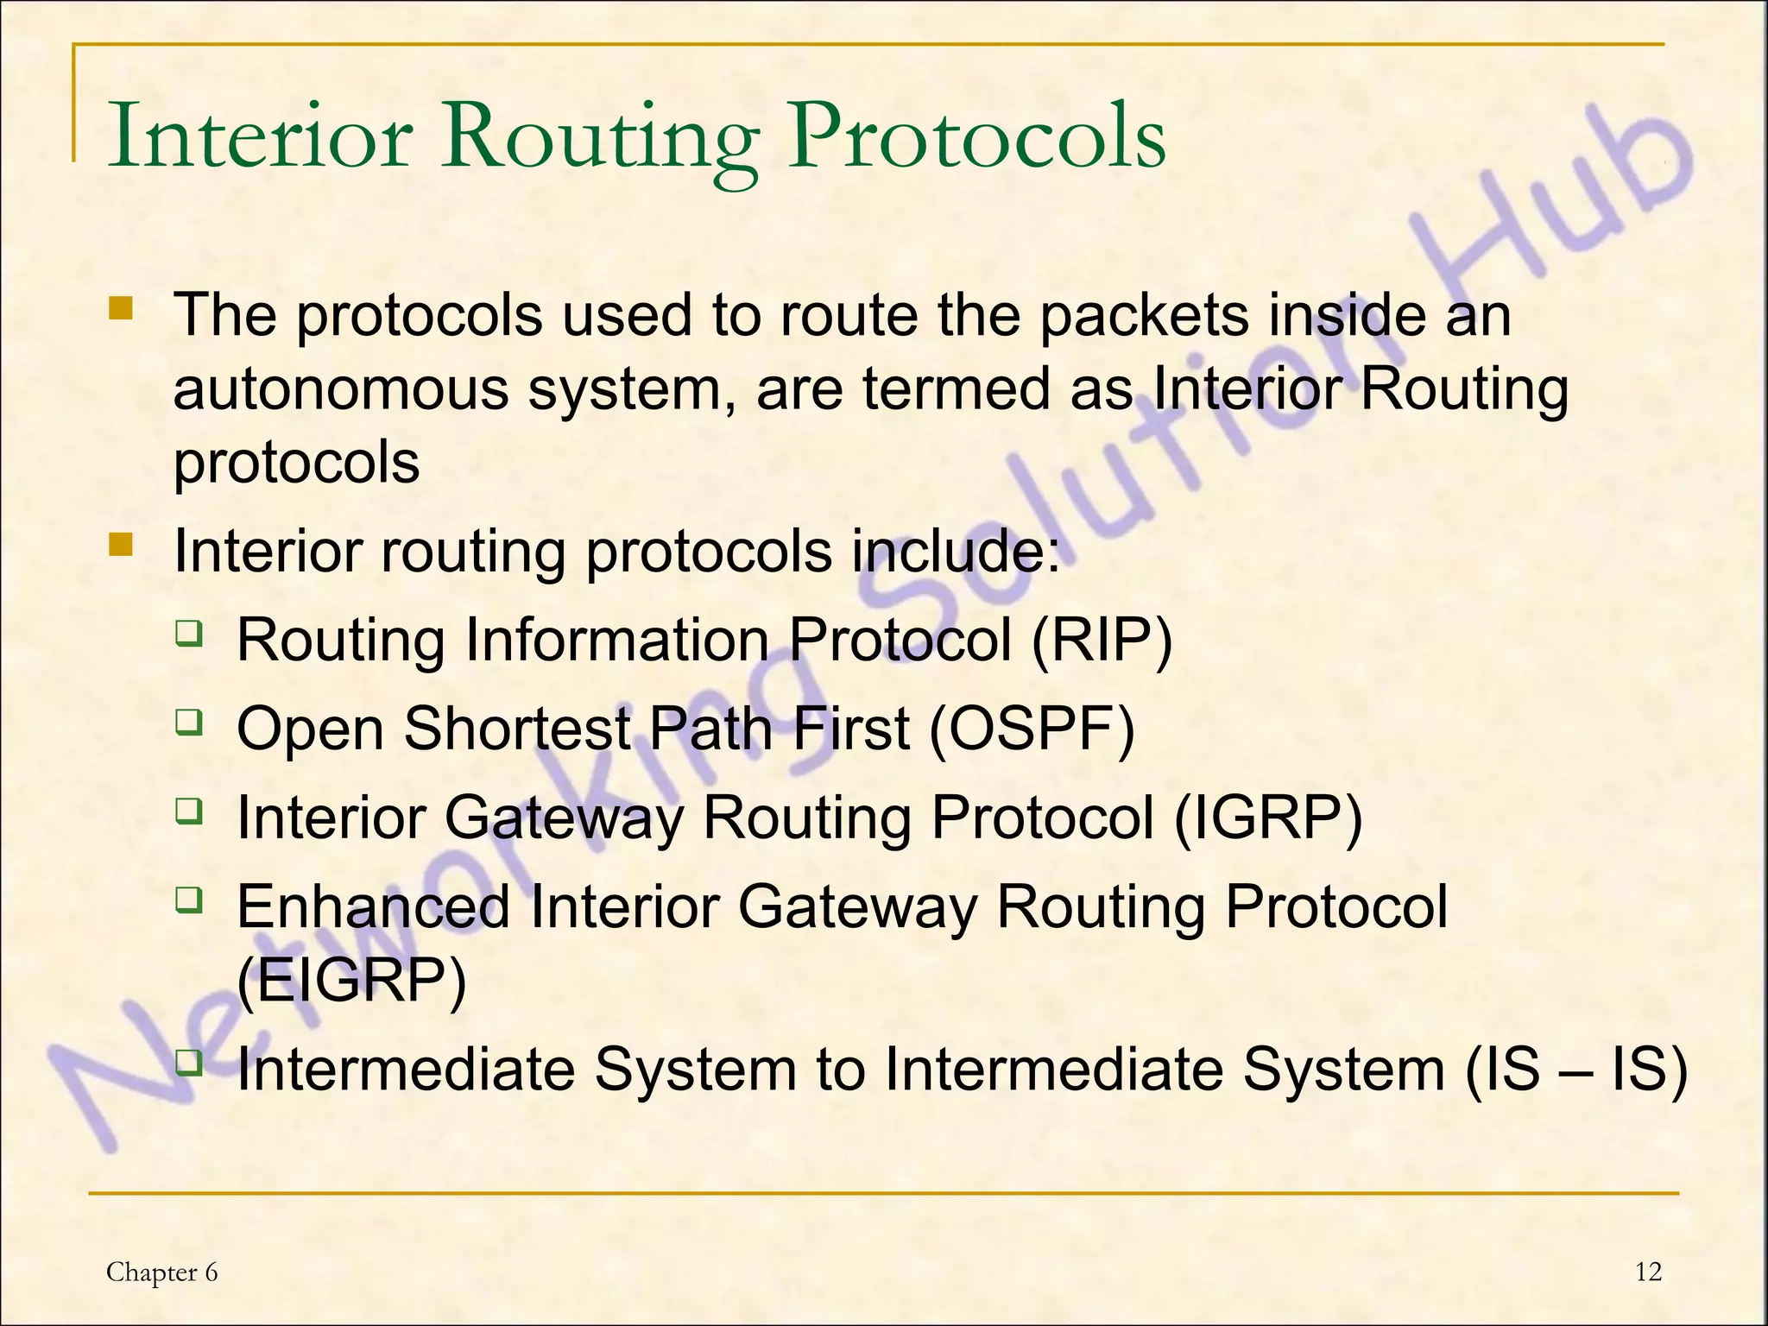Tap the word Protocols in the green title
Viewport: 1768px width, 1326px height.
click(976, 136)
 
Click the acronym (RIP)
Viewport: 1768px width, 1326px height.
click(1101, 640)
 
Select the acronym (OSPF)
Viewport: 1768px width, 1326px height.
click(1032, 729)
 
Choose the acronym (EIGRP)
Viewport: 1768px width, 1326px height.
click(351, 981)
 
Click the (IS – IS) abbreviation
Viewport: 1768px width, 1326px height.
click(1576, 1069)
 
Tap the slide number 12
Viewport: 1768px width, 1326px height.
click(1648, 1272)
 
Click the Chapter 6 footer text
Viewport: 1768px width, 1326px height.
click(161, 1272)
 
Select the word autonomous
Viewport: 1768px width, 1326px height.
click(342, 388)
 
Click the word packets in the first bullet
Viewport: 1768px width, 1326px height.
click(1144, 315)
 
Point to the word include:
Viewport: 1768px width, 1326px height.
click(956, 551)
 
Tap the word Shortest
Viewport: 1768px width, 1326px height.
click(517, 729)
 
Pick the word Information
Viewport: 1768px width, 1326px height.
click(616, 640)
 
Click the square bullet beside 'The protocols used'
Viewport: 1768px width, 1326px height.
click(121, 308)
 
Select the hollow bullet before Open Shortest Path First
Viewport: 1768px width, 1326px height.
click(188, 721)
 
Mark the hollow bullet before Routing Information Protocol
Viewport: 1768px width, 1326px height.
click(188, 633)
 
